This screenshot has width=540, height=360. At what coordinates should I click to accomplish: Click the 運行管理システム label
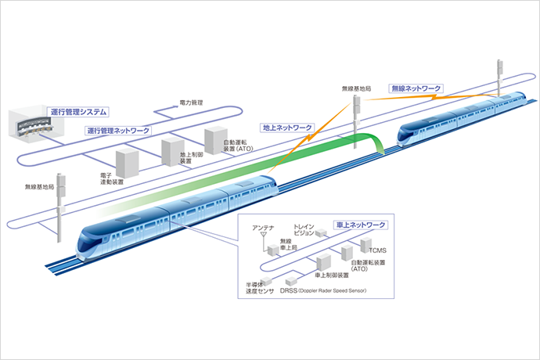(77, 112)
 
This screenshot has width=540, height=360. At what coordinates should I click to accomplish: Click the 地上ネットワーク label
(287, 127)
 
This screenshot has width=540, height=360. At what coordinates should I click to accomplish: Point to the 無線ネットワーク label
(416, 89)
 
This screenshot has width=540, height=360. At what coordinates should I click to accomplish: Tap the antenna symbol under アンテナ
(264, 235)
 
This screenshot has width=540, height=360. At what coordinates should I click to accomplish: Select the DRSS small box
(292, 280)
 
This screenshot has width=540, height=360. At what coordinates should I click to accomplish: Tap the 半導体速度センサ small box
(265, 280)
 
